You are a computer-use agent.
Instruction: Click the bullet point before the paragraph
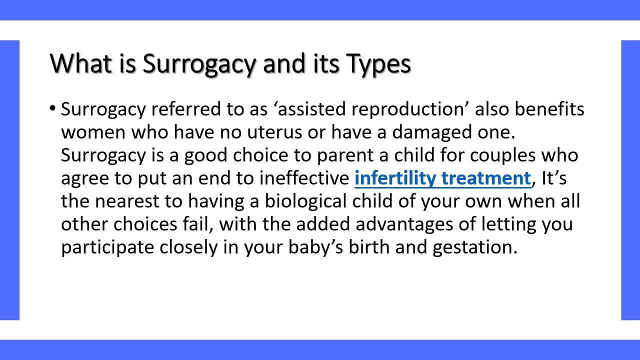53,108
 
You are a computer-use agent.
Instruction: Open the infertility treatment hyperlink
442,178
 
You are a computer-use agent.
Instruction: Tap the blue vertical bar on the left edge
9,180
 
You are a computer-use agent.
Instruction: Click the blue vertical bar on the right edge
630,180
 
